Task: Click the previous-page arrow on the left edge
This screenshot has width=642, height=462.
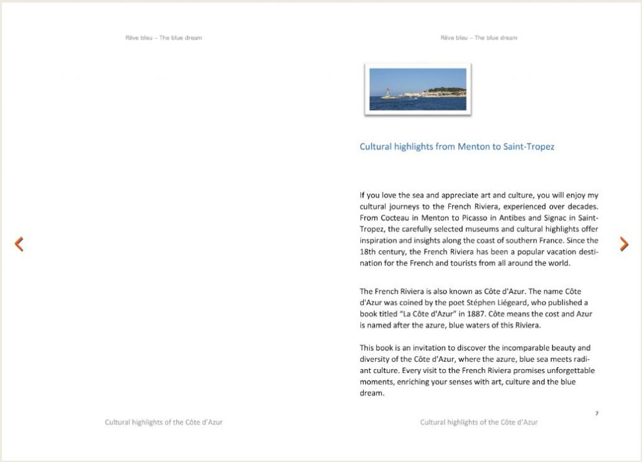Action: click(19, 244)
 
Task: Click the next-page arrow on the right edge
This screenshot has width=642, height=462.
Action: click(624, 244)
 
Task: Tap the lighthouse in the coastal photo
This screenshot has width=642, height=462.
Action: click(387, 93)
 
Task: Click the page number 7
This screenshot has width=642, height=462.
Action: click(596, 413)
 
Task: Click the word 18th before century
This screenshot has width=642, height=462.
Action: click(368, 251)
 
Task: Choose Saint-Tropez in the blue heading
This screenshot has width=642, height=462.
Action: click(529, 147)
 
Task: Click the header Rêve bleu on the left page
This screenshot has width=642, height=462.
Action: click(138, 38)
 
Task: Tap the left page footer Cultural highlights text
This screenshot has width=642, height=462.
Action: click(164, 423)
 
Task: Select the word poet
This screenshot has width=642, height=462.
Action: click(475, 302)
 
